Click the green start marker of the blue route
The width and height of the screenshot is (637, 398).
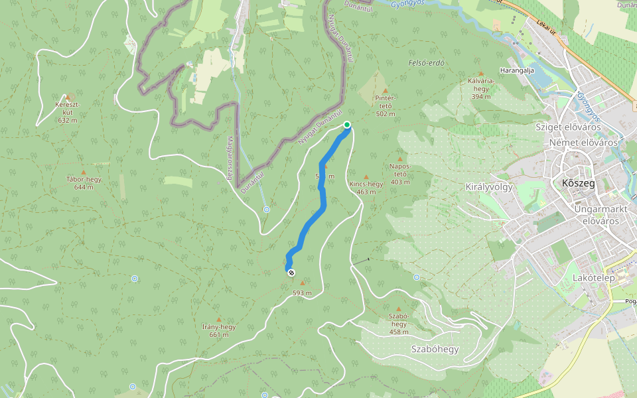tap(346, 125)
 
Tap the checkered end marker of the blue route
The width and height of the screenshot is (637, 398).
tap(291, 271)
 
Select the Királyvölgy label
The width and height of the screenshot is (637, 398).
tap(490, 186)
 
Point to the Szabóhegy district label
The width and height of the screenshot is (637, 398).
tap(435, 349)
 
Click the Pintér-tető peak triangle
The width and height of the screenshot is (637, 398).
tap(386, 90)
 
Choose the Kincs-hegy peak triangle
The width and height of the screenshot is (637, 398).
tap(366, 177)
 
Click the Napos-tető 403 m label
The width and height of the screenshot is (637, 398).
tap(400, 174)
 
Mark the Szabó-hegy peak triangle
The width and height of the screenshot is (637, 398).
tap(399, 309)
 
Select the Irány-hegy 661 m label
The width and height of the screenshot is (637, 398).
tap(218, 330)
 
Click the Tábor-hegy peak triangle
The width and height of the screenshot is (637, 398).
tap(83, 172)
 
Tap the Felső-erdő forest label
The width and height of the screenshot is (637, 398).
tap(426, 63)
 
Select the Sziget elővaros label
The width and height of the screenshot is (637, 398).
tap(568, 126)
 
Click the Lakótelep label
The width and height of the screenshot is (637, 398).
tap(593, 278)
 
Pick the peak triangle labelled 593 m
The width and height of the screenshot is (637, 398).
tap(303, 283)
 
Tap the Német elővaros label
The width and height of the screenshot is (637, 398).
tap(583, 143)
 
